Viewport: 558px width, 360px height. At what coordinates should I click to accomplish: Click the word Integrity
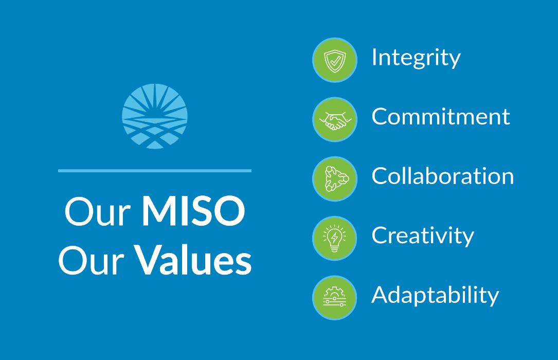(x=416, y=58)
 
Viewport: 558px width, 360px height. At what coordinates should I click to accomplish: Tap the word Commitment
(x=441, y=117)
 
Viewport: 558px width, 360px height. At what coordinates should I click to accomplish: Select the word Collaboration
(x=442, y=176)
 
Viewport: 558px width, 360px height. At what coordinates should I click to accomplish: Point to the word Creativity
(x=422, y=236)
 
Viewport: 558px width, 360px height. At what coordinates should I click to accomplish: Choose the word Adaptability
(x=435, y=296)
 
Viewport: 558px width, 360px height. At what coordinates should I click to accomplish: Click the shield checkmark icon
(x=334, y=60)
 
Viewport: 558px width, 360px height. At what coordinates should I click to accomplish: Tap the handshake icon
(x=334, y=119)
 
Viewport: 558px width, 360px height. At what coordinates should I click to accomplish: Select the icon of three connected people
(x=334, y=178)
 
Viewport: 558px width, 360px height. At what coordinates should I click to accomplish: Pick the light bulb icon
(x=334, y=238)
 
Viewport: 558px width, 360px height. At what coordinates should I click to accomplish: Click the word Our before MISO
(x=96, y=213)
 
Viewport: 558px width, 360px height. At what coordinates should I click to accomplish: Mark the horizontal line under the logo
(x=155, y=170)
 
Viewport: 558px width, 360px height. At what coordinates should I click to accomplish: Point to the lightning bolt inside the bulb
(x=334, y=237)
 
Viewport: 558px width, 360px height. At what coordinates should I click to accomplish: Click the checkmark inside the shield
(x=334, y=60)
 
